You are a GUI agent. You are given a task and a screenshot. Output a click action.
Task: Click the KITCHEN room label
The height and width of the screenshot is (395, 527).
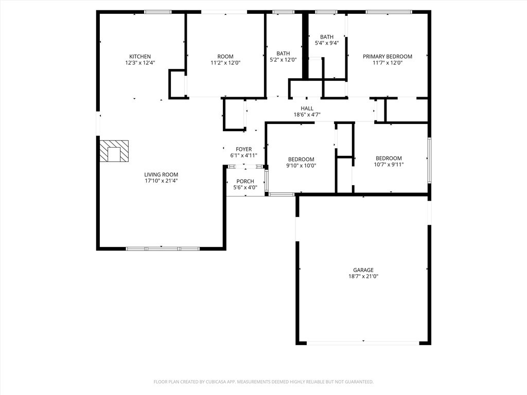pos(140,57)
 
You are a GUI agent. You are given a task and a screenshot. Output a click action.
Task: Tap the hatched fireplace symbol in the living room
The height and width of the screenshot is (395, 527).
pos(114,151)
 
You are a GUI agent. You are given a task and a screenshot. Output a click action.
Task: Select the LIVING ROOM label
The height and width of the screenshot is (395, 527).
pos(161,175)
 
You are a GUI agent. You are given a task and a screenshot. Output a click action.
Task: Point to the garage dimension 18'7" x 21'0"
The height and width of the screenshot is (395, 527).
pos(363,276)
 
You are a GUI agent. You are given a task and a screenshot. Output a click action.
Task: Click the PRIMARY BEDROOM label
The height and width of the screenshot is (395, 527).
pos(388,57)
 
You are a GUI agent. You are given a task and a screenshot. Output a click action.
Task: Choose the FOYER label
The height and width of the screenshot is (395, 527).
pos(243,149)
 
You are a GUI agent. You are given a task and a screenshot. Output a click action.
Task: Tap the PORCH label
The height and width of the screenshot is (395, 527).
pos(245,182)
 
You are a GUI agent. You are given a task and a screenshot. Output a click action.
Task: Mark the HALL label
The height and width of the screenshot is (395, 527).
pos(307,109)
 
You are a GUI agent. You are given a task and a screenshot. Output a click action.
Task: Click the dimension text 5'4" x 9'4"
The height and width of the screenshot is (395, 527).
pos(327,43)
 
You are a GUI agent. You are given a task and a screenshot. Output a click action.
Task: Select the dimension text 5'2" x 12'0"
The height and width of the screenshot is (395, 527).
pos(284,60)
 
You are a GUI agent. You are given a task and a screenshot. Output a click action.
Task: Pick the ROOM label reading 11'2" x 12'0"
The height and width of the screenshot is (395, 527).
pos(225,57)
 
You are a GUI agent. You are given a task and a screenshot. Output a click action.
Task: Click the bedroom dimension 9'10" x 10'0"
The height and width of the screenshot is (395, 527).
pos(301,166)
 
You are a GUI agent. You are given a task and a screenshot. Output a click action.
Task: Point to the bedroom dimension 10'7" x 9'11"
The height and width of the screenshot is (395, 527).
pos(389,165)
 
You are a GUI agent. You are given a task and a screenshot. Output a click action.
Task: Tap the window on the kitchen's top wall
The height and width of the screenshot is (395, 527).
pos(158,12)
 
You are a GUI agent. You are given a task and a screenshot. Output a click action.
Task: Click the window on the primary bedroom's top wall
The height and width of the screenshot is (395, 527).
pos(389,12)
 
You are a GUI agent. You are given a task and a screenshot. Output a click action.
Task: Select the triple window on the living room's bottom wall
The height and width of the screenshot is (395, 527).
pos(163,249)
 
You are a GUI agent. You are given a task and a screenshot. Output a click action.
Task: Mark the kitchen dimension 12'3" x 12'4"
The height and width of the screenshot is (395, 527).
pos(140,63)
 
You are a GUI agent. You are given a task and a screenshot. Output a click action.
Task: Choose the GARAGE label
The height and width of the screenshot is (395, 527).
pos(363,270)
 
